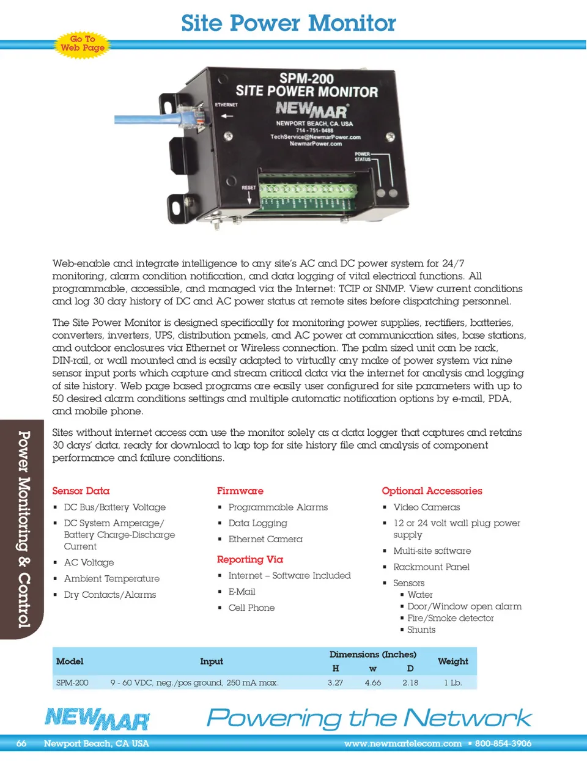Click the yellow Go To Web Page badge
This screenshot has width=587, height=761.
83,43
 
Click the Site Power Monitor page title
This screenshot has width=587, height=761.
289,23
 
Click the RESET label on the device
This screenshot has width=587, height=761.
249,188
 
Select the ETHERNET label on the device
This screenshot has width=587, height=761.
226,105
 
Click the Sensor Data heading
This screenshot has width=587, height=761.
81,491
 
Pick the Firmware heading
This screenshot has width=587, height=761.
240,491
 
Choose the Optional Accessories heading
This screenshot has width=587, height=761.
432,491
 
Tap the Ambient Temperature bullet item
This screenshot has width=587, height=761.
111,578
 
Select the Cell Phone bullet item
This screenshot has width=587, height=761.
251,608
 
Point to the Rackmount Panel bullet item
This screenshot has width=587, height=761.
431,567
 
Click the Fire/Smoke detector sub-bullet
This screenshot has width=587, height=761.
450,618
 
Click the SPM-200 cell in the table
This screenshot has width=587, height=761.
72,682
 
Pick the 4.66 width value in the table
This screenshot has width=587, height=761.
372,682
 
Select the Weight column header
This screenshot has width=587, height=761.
452,661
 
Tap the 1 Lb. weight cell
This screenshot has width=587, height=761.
452,682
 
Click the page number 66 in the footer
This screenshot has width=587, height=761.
21,743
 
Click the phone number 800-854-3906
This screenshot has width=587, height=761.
503,743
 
